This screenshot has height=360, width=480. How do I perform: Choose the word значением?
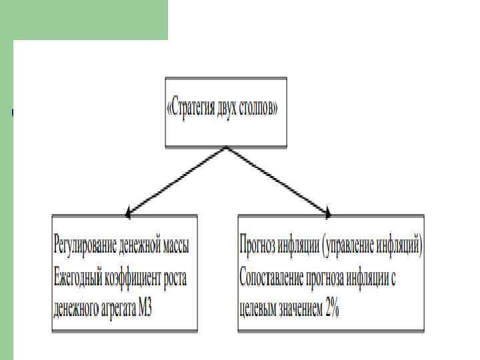coord(297,309)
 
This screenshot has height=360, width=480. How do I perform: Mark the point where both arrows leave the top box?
coord(227,147)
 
